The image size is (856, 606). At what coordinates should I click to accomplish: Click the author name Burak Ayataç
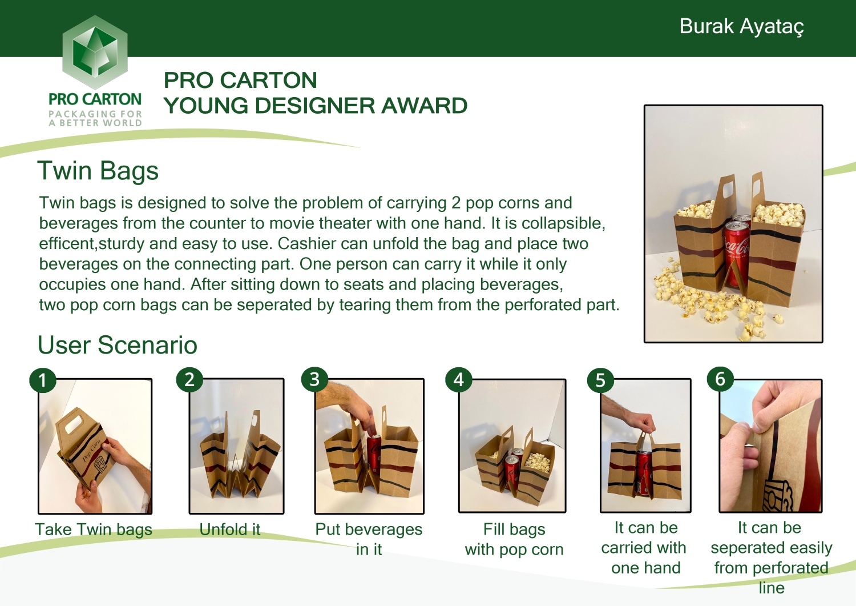point(741,26)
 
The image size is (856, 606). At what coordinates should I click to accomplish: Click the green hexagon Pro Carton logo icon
point(95,53)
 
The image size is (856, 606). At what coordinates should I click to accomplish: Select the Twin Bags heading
point(98,171)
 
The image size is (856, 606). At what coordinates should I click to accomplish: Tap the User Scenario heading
point(117,345)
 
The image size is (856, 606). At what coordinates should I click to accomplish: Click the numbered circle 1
point(42,380)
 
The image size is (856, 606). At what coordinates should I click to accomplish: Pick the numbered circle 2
point(189,379)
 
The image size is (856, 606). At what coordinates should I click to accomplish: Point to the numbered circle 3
point(314,379)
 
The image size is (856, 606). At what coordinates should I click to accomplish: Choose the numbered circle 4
point(458,380)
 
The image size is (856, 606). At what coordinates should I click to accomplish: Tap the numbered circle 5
point(600,380)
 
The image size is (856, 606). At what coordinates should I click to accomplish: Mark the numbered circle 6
point(720,379)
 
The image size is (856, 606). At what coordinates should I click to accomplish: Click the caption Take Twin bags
point(94,529)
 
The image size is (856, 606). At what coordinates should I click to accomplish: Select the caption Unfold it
point(230,529)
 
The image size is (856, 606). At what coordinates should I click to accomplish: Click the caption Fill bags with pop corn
point(514,539)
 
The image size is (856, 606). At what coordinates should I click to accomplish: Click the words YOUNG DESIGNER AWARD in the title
point(315,106)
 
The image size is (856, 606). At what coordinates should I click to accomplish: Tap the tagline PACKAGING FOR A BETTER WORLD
point(95,118)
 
